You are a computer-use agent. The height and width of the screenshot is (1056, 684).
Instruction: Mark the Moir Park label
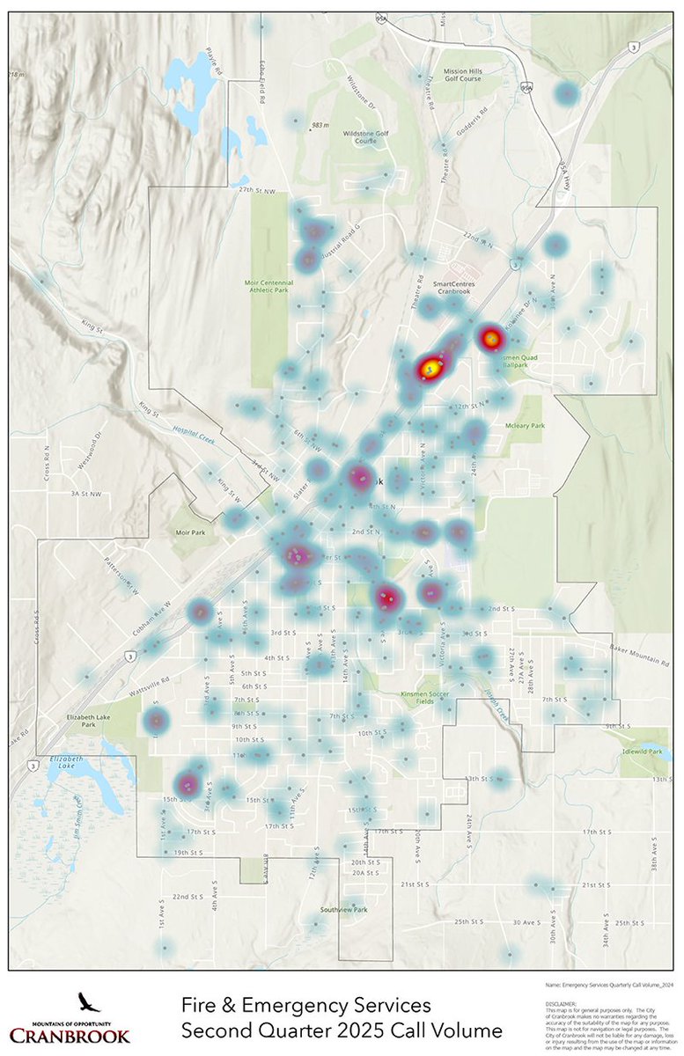tap(190, 533)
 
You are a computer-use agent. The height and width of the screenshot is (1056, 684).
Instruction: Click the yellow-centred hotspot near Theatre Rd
tap(430, 367)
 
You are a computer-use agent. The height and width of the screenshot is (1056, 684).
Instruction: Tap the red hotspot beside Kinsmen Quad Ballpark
tap(490, 337)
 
